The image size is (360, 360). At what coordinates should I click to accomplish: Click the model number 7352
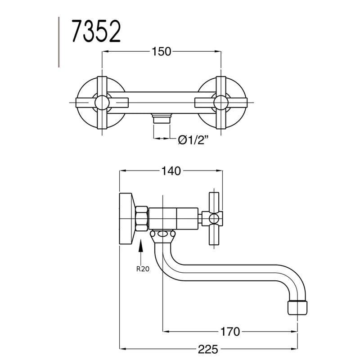(x=96, y=31)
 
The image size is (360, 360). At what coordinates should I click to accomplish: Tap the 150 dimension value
(x=162, y=52)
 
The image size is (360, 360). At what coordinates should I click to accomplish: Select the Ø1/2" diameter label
(x=193, y=139)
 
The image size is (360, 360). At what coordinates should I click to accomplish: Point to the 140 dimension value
(x=171, y=171)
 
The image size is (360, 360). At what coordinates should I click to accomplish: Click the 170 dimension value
(x=230, y=332)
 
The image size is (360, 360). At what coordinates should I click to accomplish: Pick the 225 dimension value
(x=208, y=349)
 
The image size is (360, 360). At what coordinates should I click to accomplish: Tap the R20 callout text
(x=143, y=269)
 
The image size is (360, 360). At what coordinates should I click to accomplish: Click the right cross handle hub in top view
(x=221, y=103)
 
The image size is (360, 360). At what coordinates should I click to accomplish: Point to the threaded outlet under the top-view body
(x=162, y=118)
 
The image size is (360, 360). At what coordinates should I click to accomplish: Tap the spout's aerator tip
(x=297, y=307)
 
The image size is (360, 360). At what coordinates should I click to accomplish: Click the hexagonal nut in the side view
(x=142, y=219)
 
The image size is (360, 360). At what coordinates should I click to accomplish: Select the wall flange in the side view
(x=126, y=219)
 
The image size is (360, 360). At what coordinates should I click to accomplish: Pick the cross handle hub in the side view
(x=214, y=219)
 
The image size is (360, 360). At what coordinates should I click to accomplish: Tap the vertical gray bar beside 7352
(x=59, y=42)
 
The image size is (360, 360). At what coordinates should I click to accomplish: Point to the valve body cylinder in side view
(x=173, y=219)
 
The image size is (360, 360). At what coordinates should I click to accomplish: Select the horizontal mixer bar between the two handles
(x=162, y=103)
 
